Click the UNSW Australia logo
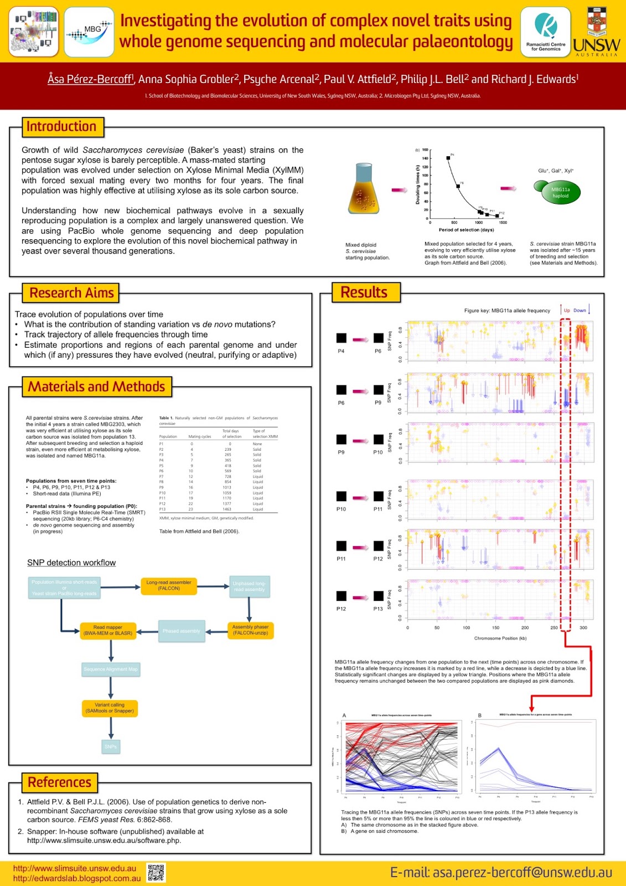coord(596,32)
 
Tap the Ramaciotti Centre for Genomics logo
coord(545,32)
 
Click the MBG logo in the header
coord(89,32)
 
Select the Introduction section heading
coord(62,127)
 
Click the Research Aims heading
coord(71,293)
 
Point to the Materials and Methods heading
coord(97,387)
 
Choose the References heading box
coord(60,782)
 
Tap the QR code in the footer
coord(156,873)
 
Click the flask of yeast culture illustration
coord(363,189)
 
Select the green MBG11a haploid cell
coord(557,192)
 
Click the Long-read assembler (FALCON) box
coord(169,586)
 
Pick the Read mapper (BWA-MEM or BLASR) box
coord(108,631)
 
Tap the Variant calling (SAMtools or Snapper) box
coord(110,708)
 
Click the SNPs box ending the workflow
coord(111,746)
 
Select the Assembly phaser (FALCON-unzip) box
coord(250,630)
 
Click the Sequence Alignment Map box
coord(111,669)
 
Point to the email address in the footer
coord(501,873)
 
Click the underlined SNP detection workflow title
coord(71,563)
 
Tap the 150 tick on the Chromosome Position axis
coord(495,628)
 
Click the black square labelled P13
coord(378,596)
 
